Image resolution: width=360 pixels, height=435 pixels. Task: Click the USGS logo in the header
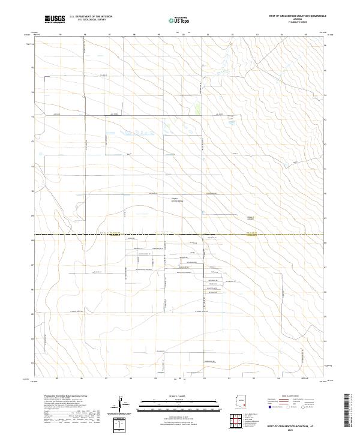(x=55, y=19)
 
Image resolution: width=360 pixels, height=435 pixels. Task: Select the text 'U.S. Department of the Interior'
(x=91, y=17)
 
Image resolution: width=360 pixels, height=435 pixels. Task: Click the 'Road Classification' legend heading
(x=284, y=397)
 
